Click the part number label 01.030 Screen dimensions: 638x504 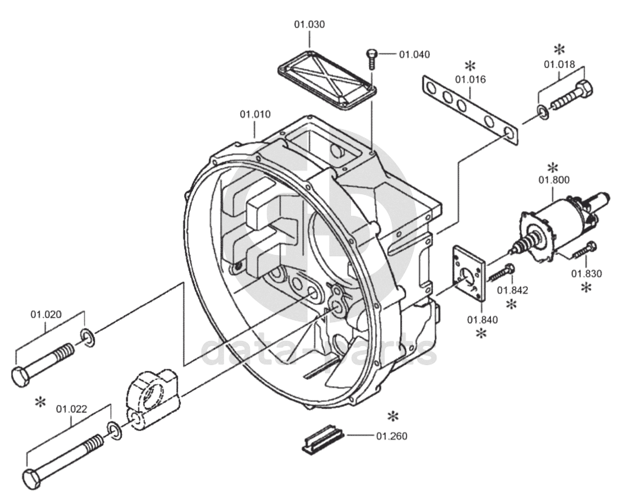point(309,24)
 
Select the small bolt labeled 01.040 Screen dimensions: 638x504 point(372,59)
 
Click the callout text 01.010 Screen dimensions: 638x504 point(255,115)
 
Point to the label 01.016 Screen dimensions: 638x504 point(470,79)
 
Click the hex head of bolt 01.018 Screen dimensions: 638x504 point(584,88)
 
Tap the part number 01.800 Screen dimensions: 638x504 point(554,180)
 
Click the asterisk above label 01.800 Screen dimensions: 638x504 point(553,167)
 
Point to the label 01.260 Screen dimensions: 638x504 point(391,436)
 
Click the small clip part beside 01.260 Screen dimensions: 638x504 point(323,438)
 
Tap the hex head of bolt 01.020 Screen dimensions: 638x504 point(19,376)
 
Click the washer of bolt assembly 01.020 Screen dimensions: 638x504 point(88,337)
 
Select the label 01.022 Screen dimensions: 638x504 point(72,409)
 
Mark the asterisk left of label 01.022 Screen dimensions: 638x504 point(40,402)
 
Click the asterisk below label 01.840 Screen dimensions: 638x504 point(481,334)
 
